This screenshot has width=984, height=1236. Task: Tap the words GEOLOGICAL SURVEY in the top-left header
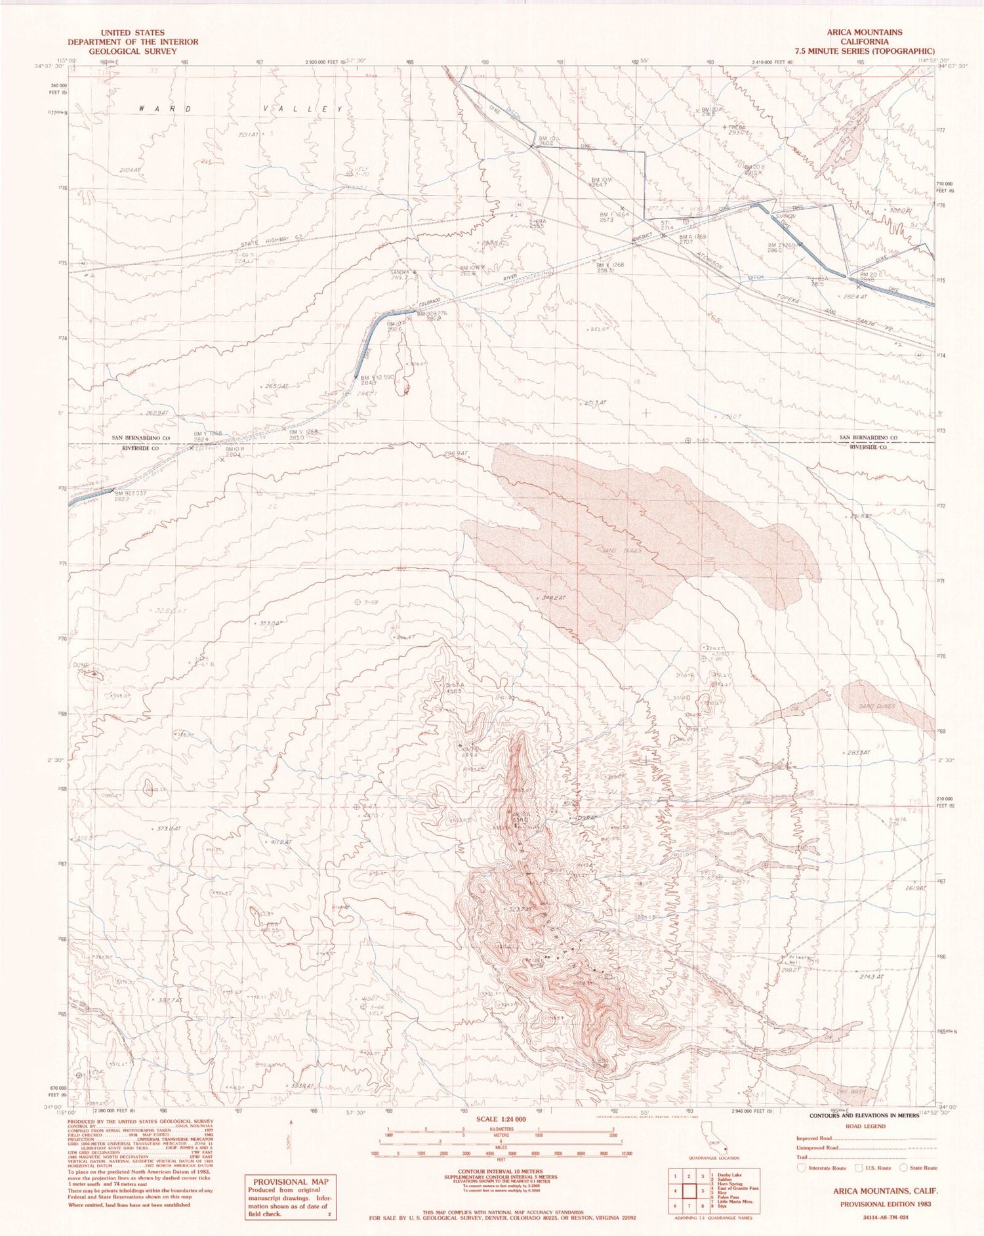(x=133, y=51)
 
